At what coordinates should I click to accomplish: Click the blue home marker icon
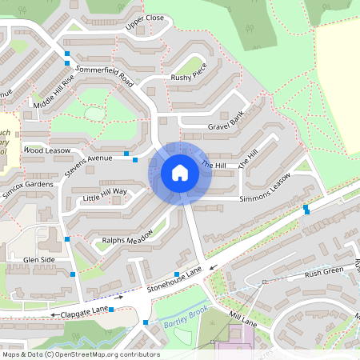coord(180,172)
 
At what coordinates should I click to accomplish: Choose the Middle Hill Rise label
coord(54,93)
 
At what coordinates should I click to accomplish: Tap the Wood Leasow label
coord(47,150)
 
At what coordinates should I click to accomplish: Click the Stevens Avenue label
coord(89,164)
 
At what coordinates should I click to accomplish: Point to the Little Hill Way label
coord(105,192)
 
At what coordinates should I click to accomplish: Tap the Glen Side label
coord(39,260)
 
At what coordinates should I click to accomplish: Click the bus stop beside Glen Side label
coord(73,274)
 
